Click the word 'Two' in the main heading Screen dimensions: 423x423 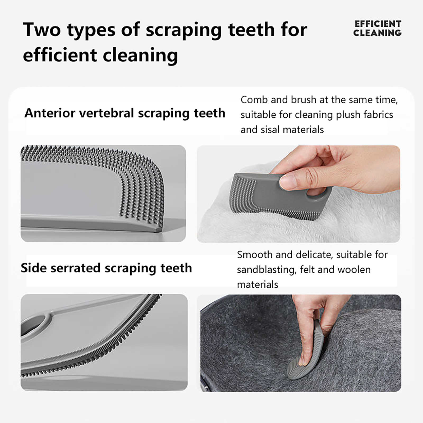pyautogui.click(x=42, y=29)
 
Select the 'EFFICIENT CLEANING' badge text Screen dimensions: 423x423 pyautogui.click(x=377, y=28)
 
